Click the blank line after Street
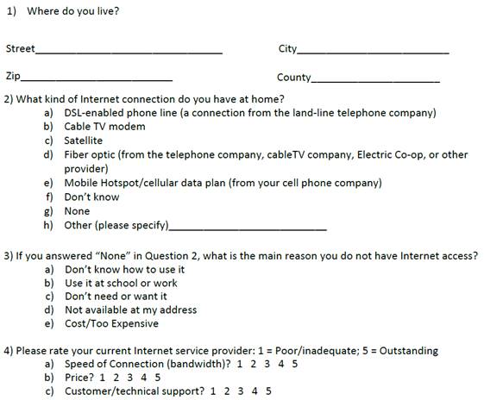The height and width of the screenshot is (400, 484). coord(129,52)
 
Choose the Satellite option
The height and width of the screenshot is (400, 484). coord(83,141)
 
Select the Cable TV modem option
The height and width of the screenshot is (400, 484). coord(104,127)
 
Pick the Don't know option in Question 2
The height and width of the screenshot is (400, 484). coord(91,197)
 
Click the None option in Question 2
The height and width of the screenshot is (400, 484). coord(77,211)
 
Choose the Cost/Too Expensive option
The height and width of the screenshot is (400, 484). coord(111,324)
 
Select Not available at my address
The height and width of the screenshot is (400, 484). coord(130,310)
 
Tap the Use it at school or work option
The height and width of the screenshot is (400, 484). coord(121,283)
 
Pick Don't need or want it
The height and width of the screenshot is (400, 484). coord(116,297)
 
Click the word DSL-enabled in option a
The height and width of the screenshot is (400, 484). coord(96,113)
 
